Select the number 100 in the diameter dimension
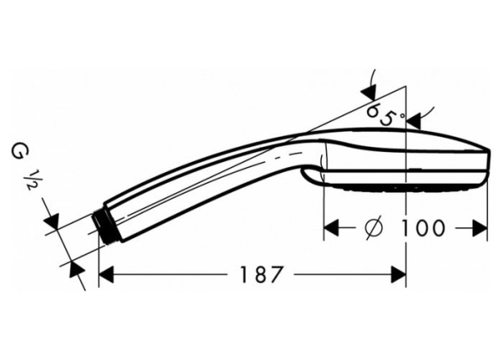pos(423,227)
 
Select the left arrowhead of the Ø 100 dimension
pos(332,227)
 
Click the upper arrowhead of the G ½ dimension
pos(52,221)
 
